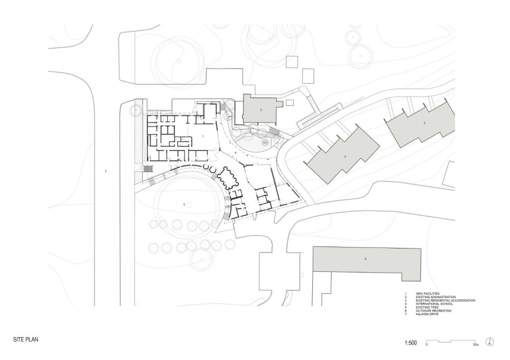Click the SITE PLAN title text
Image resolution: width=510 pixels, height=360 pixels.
click(26, 339)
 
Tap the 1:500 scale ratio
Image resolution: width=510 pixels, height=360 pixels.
click(411, 343)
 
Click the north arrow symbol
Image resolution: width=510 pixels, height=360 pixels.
click(490, 343)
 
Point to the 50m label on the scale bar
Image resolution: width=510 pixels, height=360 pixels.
click(476, 345)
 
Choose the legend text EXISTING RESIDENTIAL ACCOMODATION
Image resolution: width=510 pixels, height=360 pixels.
click(445, 301)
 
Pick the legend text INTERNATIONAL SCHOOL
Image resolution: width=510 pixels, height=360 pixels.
click(434, 304)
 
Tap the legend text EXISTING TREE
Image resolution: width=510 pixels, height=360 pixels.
click(427, 307)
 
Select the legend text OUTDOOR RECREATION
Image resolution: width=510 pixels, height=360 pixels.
click(433, 311)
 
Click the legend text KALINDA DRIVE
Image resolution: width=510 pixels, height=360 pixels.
click(428, 314)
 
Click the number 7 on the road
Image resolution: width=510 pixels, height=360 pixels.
click(106, 171)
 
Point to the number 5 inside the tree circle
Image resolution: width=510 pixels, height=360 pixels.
click(184, 204)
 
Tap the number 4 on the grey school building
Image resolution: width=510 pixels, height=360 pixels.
click(366, 259)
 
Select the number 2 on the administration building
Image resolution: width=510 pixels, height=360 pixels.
click(260, 109)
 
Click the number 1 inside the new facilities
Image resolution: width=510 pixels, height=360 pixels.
click(203, 135)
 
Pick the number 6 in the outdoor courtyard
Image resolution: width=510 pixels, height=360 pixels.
click(236, 153)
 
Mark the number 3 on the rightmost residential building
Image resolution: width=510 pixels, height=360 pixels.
click(424, 122)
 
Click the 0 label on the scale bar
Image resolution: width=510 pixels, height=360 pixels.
click(427, 345)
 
